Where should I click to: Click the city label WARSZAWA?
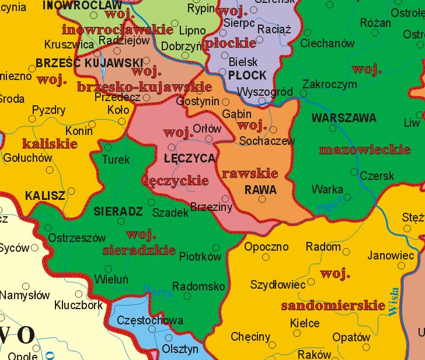(x=344, y=118)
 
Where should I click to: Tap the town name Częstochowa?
(x=150, y=320)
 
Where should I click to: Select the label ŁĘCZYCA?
(x=190, y=158)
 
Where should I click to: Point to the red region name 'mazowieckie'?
(x=364, y=150)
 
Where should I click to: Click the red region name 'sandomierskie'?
(x=326, y=306)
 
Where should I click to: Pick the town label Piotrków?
(x=200, y=257)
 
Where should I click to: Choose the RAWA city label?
(x=260, y=190)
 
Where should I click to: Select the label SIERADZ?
(x=118, y=212)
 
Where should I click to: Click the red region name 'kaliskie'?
(x=50, y=143)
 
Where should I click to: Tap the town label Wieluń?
(x=111, y=279)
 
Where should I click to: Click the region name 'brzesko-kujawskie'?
(x=144, y=87)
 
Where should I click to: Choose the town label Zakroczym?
(x=330, y=84)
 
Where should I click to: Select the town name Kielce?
(x=305, y=323)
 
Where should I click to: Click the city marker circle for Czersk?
(x=354, y=172)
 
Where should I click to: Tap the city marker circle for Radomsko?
(x=187, y=296)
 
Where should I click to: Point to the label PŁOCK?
(x=248, y=75)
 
